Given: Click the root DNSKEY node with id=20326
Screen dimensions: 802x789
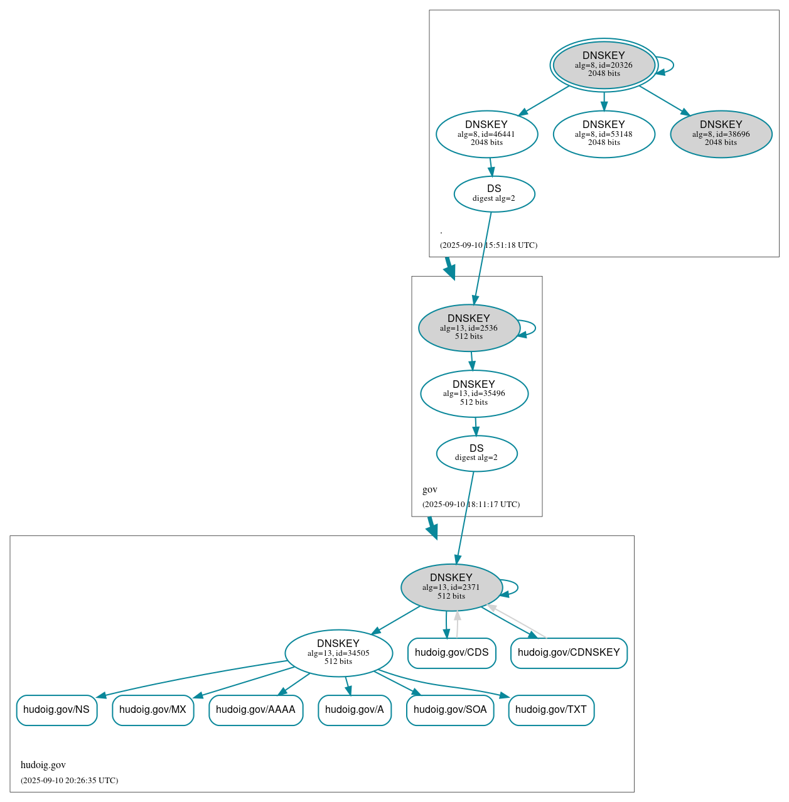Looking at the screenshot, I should [x=604, y=65].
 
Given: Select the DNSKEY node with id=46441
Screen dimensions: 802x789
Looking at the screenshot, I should [x=486, y=134].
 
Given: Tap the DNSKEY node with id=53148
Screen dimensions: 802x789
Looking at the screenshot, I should [x=604, y=134].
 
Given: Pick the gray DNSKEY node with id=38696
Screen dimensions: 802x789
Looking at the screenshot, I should [x=721, y=134].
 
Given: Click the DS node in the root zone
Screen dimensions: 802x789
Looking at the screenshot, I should [x=494, y=194].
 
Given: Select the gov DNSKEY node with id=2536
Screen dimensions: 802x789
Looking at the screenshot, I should [x=469, y=328].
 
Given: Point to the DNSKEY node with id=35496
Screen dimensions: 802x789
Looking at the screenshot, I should [x=474, y=393].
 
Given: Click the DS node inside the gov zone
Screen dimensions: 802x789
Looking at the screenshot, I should [x=476, y=453].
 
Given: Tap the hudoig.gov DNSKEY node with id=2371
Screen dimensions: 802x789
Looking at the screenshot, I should [x=451, y=587].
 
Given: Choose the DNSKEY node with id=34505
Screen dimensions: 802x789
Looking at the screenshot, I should [x=338, y=653].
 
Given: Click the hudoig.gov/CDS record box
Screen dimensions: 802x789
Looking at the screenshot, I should [x=451, y=653].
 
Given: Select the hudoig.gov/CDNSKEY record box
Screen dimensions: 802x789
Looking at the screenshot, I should [x=569, y=653].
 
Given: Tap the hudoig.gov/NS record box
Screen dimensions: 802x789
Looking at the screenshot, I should [x=56, y=710].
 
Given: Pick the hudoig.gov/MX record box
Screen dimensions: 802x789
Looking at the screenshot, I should [x=153, y=710].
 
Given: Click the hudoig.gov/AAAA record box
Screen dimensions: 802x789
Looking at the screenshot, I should [x=255, y=710].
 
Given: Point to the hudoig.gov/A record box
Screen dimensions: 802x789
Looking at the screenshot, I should [x=355, y=710].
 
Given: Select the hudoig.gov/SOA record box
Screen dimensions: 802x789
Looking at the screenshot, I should [x=450, y=710].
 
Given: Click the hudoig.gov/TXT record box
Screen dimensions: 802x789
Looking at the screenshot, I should [x=551, y=710].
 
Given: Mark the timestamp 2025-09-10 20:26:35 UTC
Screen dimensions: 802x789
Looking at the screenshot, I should [x=69, y=781].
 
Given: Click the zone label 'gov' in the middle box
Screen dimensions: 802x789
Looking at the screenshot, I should [x=430, y=489].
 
